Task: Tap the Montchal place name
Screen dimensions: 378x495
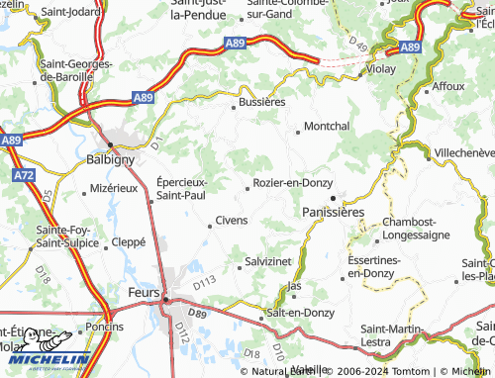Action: coord(327,127)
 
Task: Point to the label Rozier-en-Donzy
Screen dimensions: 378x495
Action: coord(292,183)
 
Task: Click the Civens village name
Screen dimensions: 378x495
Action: coord(231,220)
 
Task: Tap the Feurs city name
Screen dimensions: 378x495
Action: coord(145,295)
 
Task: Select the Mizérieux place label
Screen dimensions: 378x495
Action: coord(114,187)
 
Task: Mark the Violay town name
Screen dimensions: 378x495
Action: coord(380,70)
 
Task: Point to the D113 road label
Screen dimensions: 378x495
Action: coord(204,283)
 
